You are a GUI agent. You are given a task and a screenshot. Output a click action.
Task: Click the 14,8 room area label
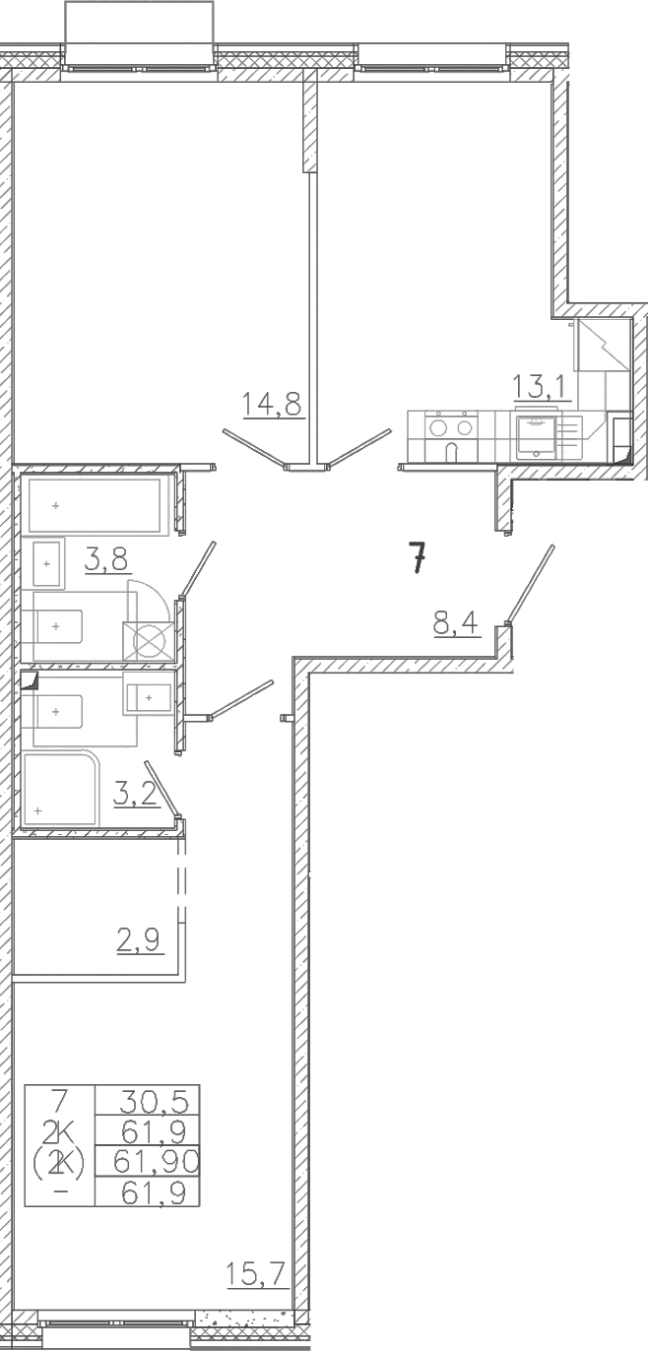271,404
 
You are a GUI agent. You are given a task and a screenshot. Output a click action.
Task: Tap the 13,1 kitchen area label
541,387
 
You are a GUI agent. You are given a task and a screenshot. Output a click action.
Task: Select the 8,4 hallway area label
455,623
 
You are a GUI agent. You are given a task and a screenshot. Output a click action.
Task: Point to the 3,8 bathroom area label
106,559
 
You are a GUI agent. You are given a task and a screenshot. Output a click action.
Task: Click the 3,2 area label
136,794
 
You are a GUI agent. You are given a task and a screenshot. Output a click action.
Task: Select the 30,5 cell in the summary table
155,1101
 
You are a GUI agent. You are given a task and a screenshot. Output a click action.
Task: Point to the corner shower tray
60,789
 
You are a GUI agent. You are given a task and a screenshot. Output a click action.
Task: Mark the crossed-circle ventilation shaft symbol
148,641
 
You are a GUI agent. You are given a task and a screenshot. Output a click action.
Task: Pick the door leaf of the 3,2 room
162,789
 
